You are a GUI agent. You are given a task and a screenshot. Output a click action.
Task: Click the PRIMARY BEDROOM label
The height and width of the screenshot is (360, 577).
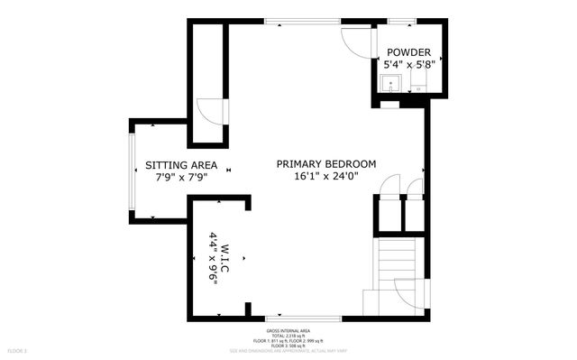tap(325, 163)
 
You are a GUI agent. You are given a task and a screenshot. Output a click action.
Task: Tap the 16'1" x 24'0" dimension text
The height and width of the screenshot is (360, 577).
tap(325, 177)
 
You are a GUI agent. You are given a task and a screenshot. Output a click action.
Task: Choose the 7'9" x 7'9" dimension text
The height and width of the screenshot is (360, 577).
tap(181, 178)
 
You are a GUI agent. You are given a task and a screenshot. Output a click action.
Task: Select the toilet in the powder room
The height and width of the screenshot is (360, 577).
tap(417, 87)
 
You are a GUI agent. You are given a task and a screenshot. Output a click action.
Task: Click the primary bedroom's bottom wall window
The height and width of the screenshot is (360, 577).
tap(303, 318)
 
